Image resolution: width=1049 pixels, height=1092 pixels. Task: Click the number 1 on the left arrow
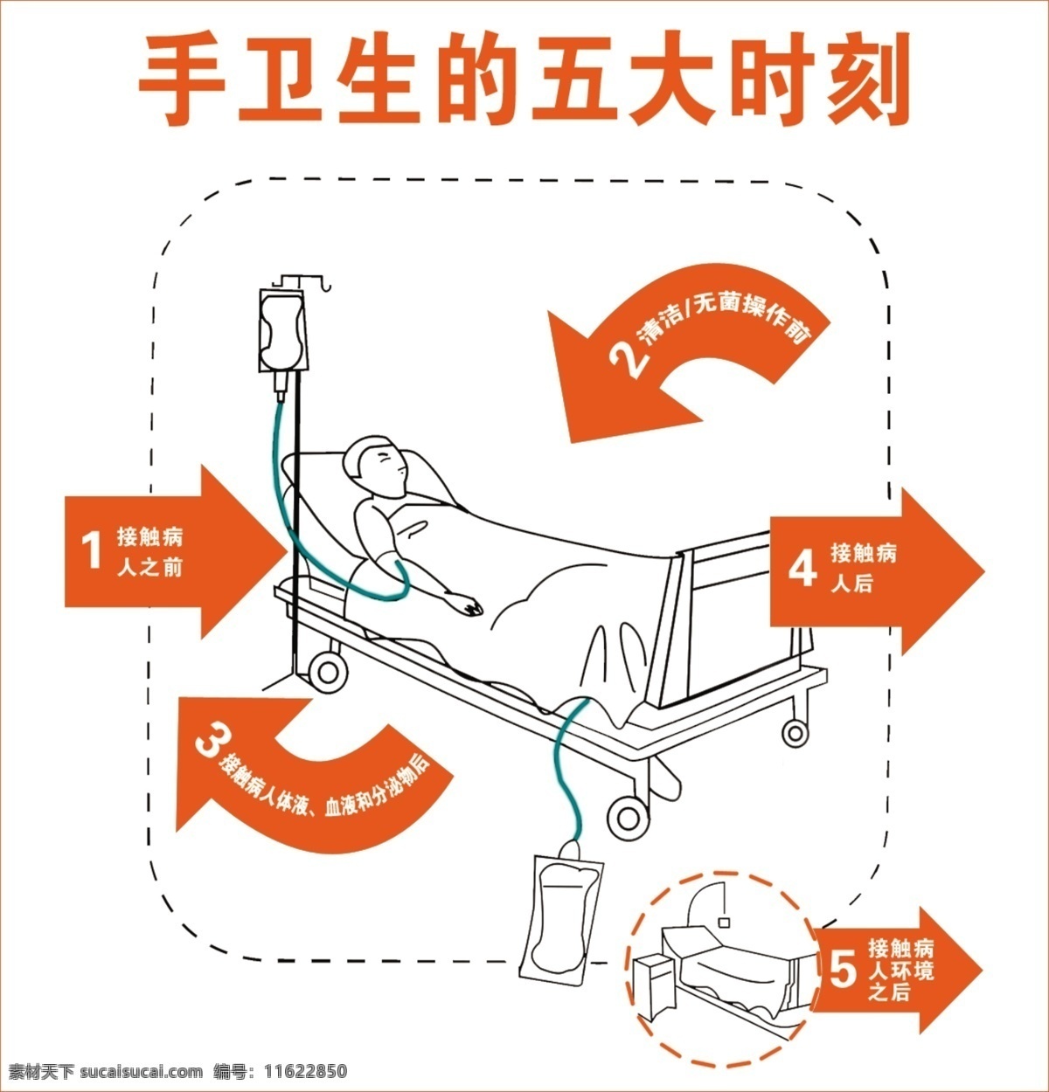[x=91, y=550]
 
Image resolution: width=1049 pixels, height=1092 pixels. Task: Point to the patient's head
[x=375, y=466]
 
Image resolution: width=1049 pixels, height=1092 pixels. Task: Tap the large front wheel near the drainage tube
[x=629, y=818]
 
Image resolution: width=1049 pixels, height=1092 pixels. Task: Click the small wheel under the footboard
[x=795, y=733]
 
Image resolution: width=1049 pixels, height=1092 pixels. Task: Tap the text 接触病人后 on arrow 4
[x=863, y=567]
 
